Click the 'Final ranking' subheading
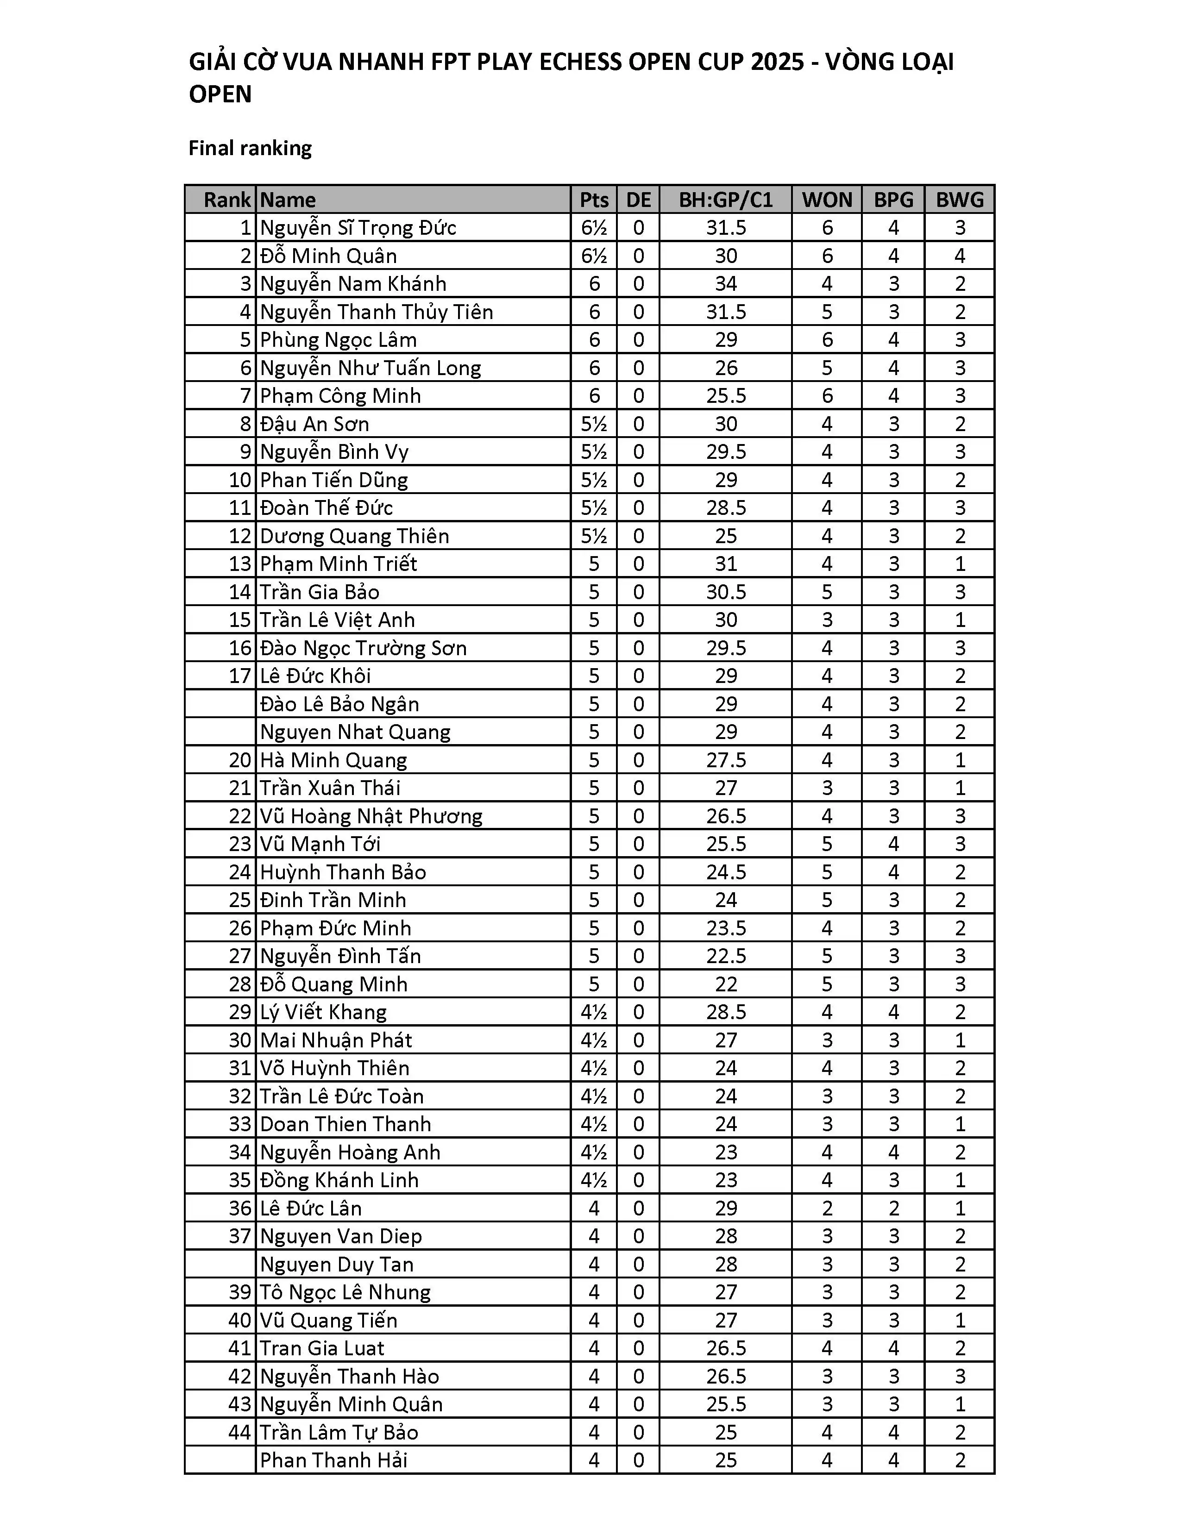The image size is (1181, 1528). [x=250, y=148]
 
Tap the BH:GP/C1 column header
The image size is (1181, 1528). [x=726, y=200]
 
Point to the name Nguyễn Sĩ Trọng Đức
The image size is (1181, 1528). [x=358, y=228]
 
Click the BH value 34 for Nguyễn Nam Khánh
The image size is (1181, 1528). [x=726, y=284]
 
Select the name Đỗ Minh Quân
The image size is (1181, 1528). [x=328, y=256]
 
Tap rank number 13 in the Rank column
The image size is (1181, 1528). [x=239, y=564]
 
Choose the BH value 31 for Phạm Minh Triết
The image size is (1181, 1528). [x=726, y=564]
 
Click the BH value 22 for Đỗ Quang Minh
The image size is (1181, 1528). [x=726, y=984]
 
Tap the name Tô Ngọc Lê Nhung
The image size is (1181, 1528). [x=345, y=1292]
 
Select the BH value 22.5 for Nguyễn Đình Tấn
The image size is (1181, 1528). [x=726, y=957]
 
